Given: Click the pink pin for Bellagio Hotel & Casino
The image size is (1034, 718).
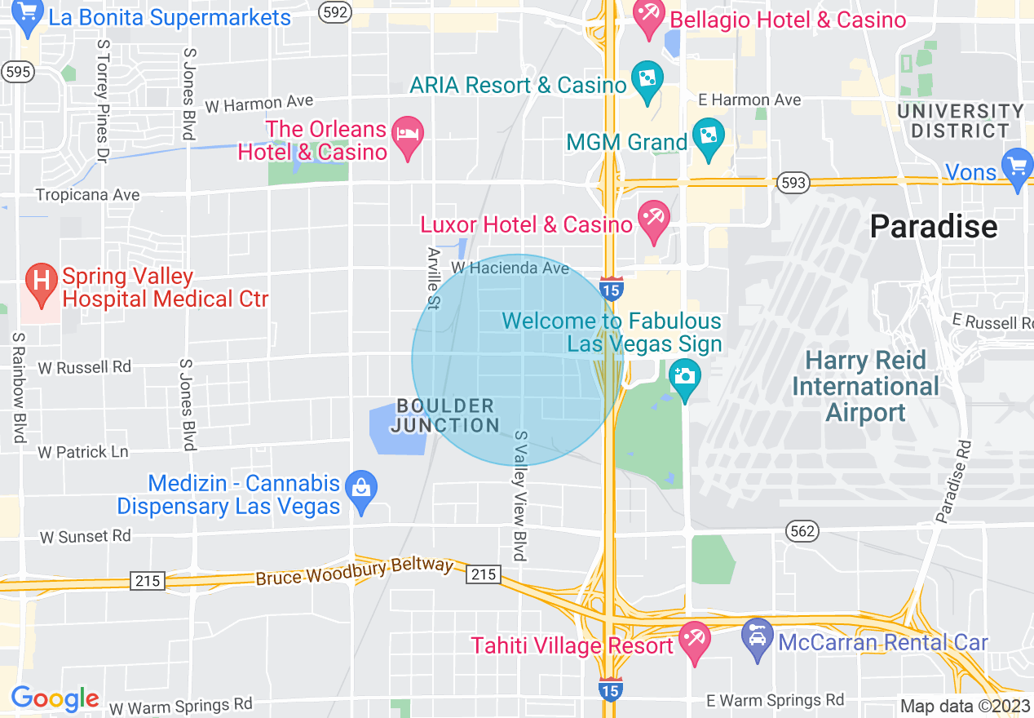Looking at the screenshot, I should coord(651,20).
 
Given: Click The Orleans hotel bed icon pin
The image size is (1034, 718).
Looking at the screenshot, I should coord(407,139).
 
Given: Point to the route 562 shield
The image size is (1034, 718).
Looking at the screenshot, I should coord(802,531).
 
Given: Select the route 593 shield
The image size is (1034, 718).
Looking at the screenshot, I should coord(793,181).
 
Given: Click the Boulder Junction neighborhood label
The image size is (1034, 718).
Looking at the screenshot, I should coord(445,415).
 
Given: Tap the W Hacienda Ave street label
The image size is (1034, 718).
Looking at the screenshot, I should coord(510,268).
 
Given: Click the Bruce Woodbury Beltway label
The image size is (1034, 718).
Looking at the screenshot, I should coord(354,571).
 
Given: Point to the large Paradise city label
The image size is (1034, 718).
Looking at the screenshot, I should coord(933,226).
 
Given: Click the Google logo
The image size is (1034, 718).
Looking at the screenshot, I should coord(55,698).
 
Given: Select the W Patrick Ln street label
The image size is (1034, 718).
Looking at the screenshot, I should coord(82,451).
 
